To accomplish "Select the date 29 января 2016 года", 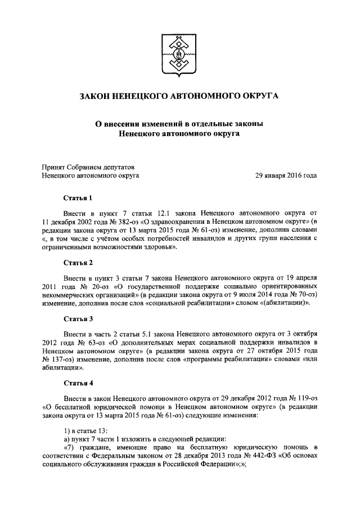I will pyautogui.click(x=286, y=175).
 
